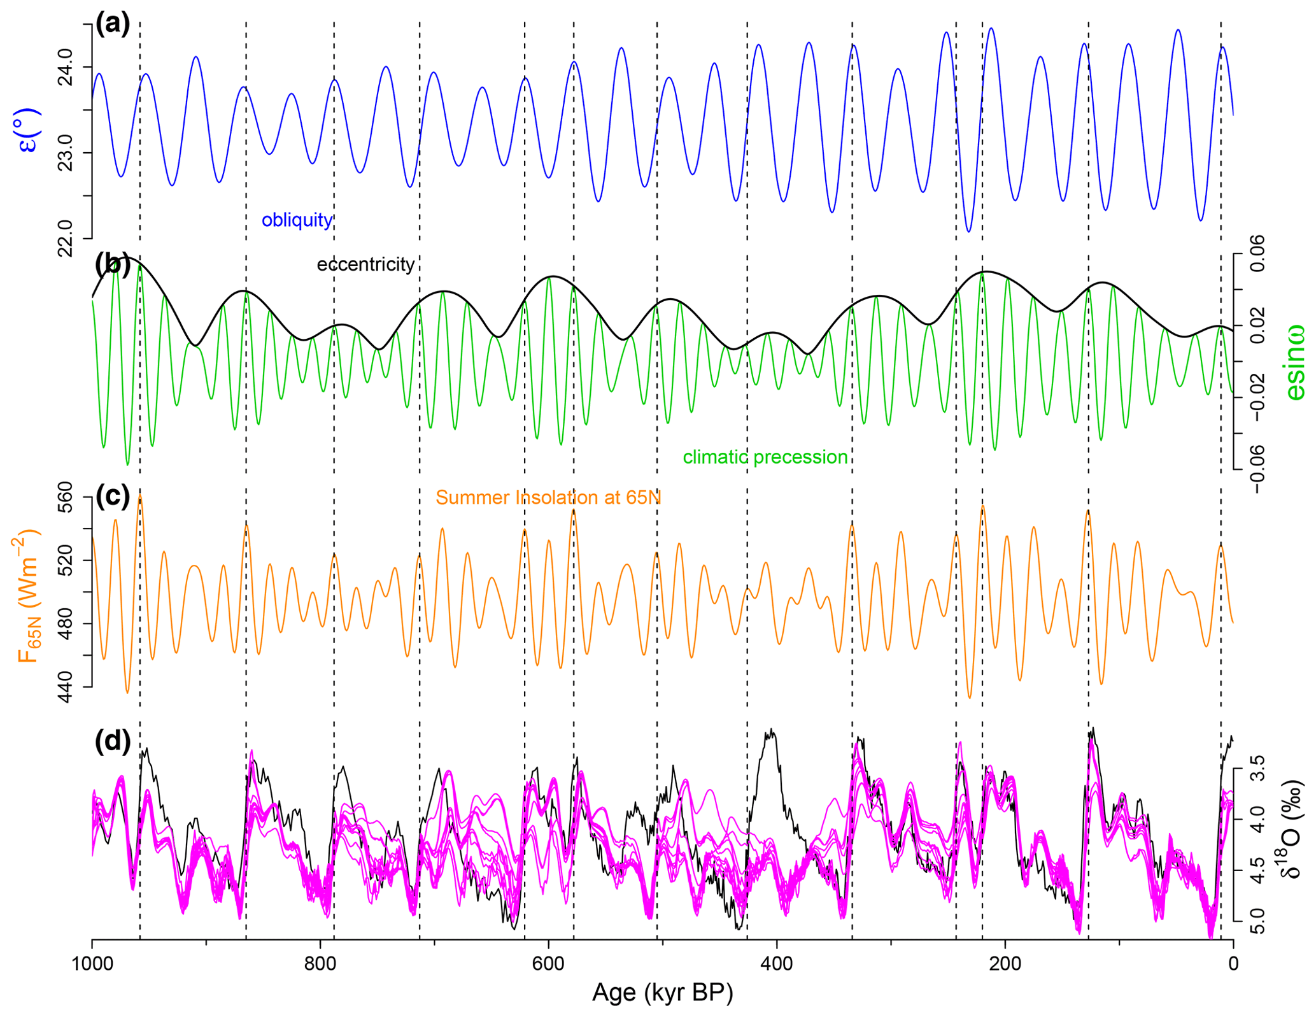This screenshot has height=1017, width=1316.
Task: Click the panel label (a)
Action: [x=113, y=24]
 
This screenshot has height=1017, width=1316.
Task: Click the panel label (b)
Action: [x=113, y=264]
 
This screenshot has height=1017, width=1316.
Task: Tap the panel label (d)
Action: [x=113, y=742]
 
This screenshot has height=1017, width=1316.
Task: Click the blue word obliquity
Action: [x=297, y=220]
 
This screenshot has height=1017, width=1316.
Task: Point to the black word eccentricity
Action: [x=365, y=264]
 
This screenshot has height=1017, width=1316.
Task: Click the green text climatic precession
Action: [x=765, y=457]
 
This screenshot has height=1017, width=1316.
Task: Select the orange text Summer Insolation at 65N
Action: [x=548, y=497]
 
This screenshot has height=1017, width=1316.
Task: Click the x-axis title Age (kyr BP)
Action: [x=662, y=993]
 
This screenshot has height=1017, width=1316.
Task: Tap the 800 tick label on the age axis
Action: [x=320, y=964]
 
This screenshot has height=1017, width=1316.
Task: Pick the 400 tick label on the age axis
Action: [x=777, y=964]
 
